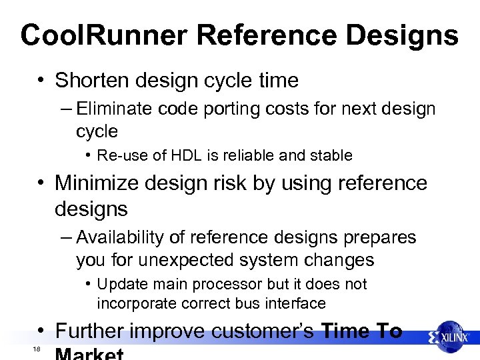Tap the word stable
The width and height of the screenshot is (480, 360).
[331, 156]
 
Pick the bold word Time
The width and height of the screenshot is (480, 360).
[345, 331]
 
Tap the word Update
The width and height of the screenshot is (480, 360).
[121, 284]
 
